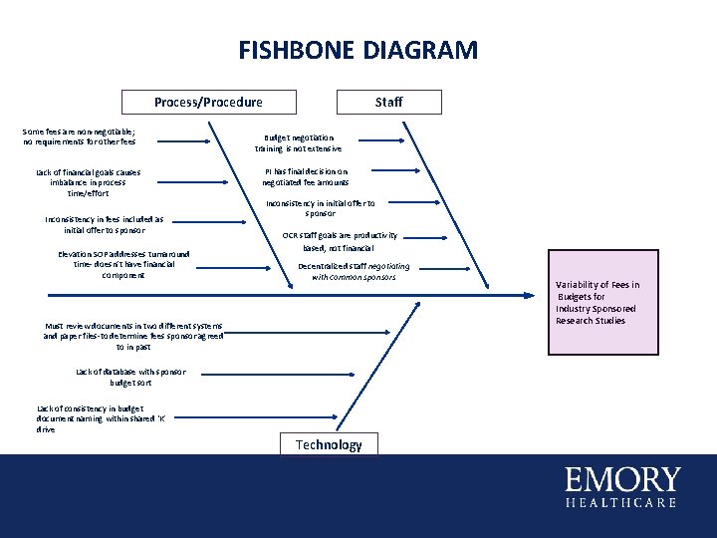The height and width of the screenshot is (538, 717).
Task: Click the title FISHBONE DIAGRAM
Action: click(358, 50)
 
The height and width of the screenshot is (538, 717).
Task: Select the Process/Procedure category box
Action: click(208, 102)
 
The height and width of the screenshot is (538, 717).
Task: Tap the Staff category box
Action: click(388, 102)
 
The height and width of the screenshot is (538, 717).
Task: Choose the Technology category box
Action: click(329, 444)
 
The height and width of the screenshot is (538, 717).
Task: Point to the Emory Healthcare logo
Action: click(622, 486)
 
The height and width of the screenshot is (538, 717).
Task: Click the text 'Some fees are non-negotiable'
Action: click(80, 136)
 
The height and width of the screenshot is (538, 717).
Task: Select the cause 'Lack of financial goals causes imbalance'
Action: click(88, 182)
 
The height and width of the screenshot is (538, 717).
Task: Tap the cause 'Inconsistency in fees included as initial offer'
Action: click(105, 225)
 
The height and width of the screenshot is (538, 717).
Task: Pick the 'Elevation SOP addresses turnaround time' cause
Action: click(123, 264)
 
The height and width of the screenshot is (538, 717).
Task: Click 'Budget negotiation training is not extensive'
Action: click(298, 142)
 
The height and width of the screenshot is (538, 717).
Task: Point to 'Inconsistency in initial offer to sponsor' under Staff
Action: click(320, 207)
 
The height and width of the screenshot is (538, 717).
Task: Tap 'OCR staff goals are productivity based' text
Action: click(339, 241)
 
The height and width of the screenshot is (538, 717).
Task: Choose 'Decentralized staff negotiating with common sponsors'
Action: click(354, 271)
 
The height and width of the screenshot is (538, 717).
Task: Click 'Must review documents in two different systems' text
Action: click(132, 336)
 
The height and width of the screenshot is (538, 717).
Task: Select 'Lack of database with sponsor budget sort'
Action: click(130, 377)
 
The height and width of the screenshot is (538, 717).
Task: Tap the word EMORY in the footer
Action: click(622, 479)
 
